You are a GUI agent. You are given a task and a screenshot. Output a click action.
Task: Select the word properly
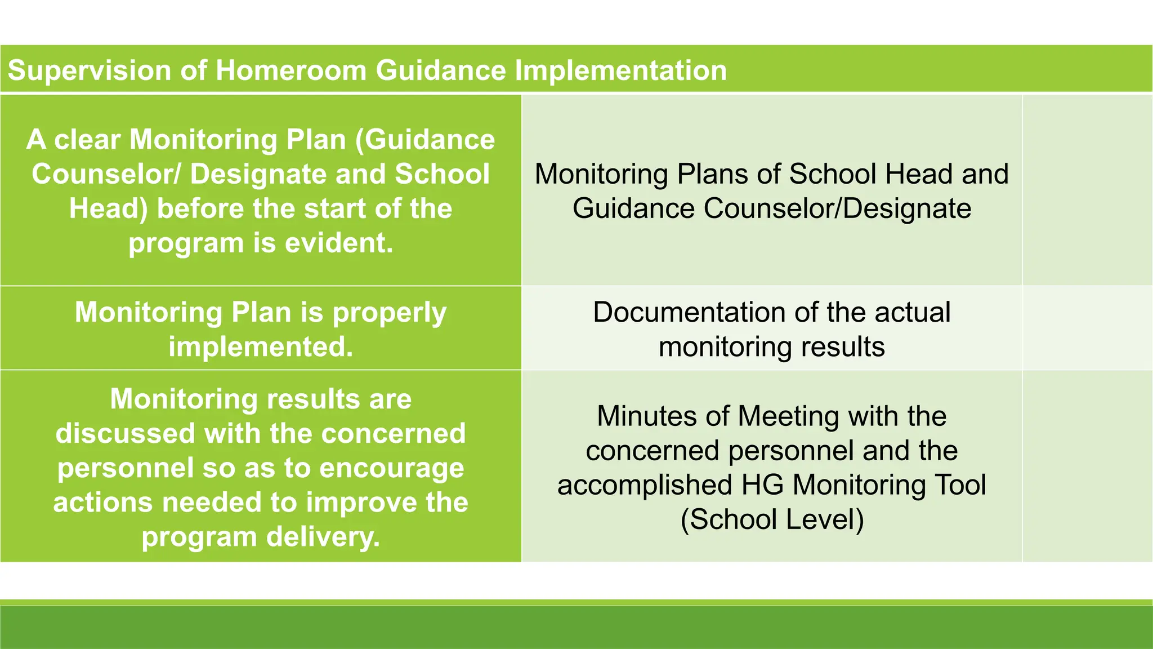click(x=390, y=313)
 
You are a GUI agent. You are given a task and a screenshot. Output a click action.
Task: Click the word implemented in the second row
click(x=261, y=347)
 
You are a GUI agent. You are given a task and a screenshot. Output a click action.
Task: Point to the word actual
click(x=912, y=313)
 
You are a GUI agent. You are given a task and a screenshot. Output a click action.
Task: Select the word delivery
click(x=323, y=537)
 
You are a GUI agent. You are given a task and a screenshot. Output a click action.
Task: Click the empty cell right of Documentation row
click(x=1087, y=328)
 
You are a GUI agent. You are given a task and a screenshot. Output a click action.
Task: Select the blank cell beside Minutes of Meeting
click(x=1087, y=466)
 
